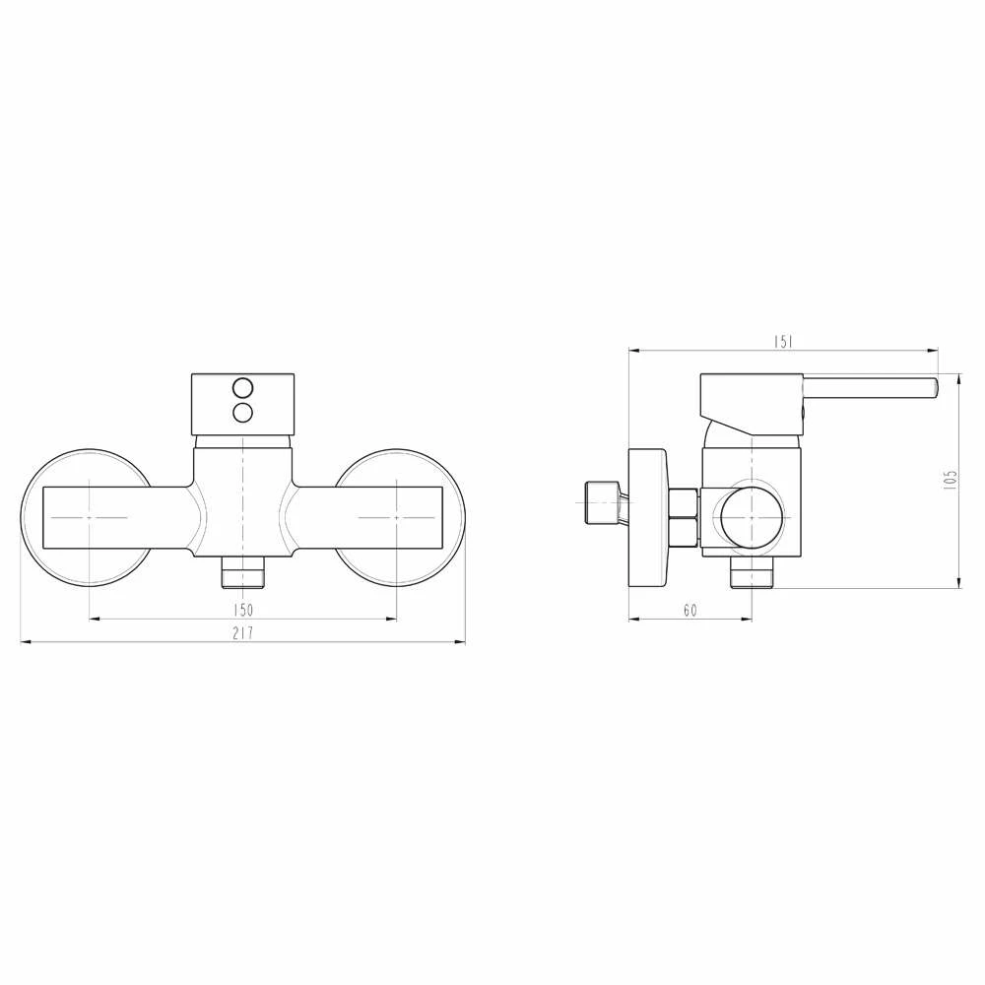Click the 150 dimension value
(243, 610)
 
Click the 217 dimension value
(243, 632)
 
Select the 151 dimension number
(783, 342)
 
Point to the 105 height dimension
(951, 480)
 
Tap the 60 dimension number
(690, 610)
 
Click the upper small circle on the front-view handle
(242, 387)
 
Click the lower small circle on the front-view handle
(242, 412)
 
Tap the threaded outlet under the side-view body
(752, 573)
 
